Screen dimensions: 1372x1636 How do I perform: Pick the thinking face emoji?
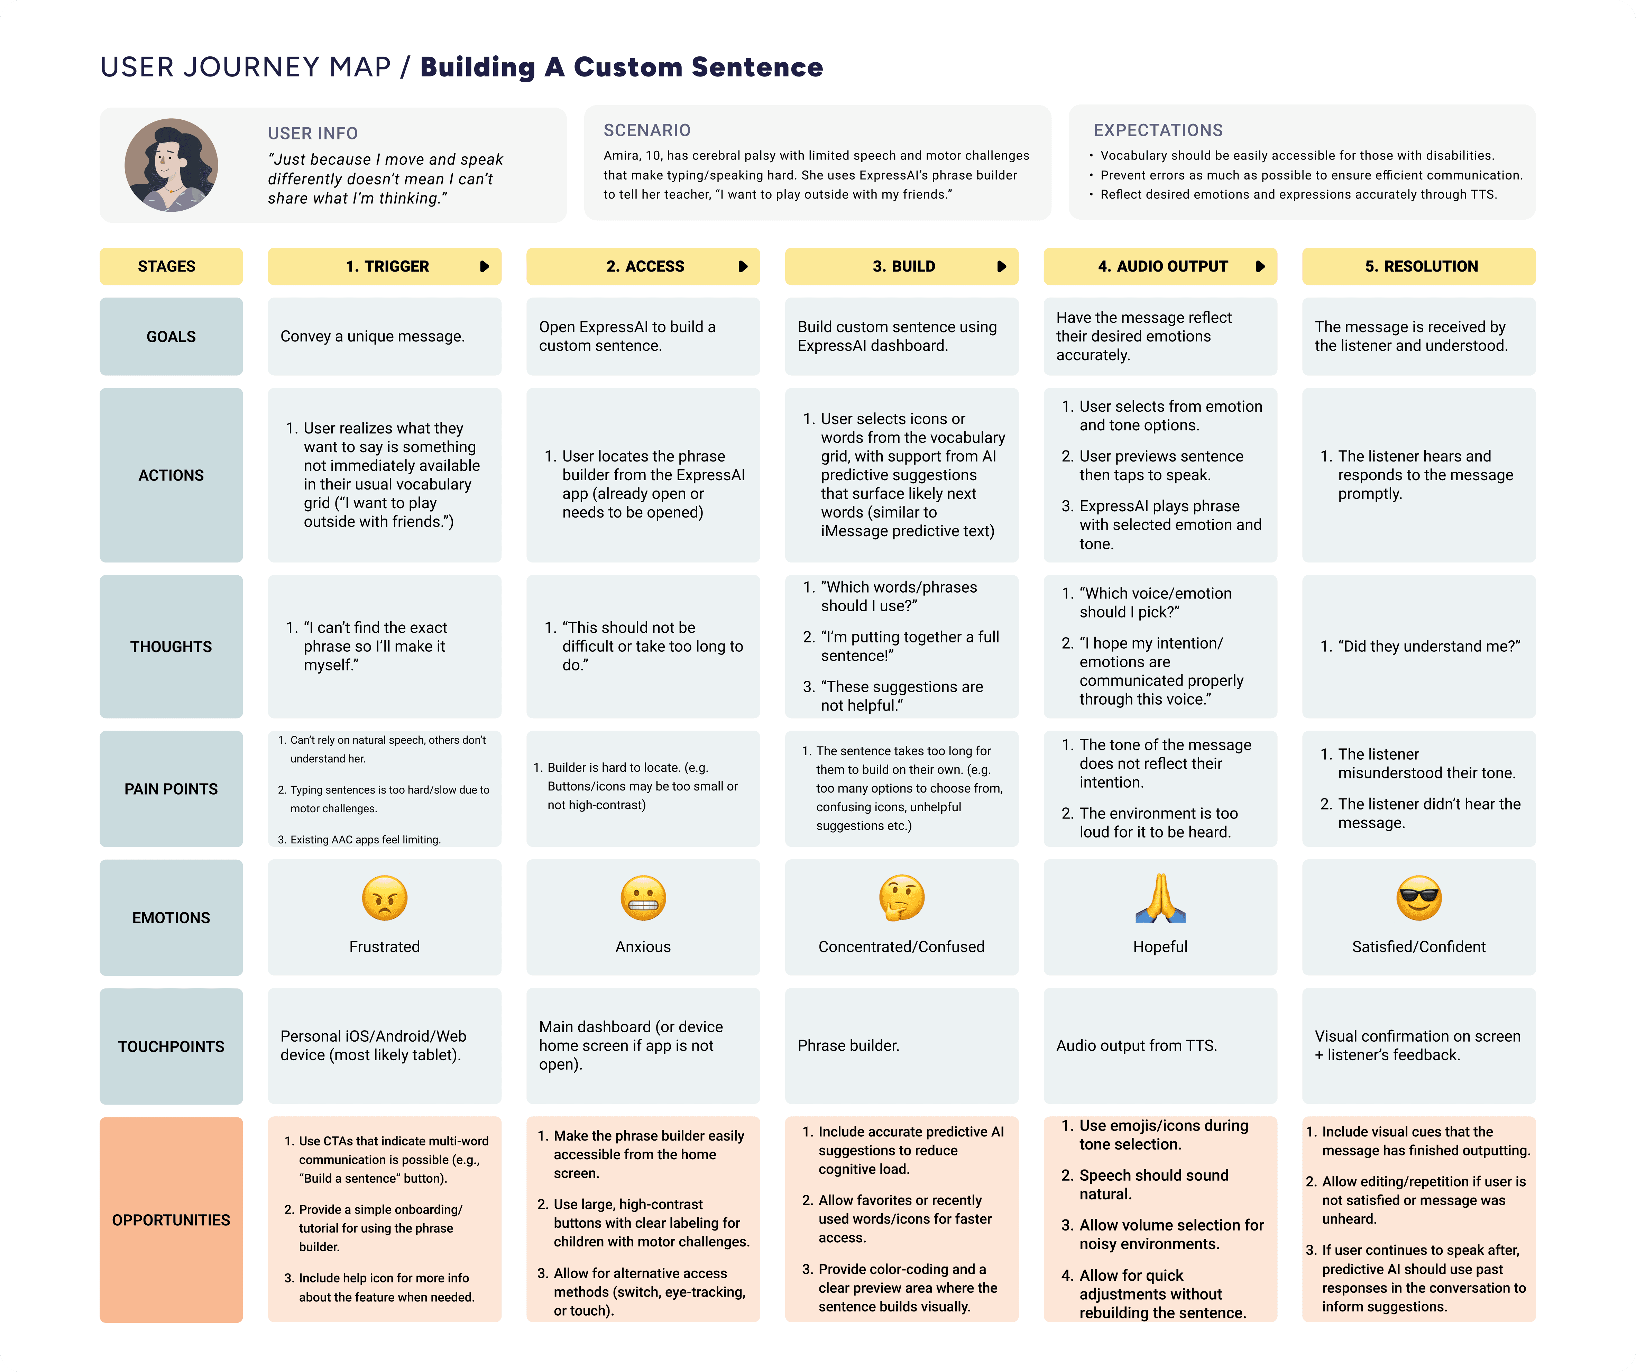coord(901,898)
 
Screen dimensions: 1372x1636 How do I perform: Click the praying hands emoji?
coord(1160,898)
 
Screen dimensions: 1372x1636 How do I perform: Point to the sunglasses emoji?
coord(1419,898)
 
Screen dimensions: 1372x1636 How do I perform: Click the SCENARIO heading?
coord(646,130)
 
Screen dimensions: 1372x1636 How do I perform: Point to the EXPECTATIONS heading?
coord(1158,130)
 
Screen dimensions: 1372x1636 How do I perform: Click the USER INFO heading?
coord(312,133)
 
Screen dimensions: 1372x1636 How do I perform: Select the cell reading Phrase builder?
coord(848,1045)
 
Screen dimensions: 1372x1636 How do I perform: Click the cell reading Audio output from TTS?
coord(1136,1045)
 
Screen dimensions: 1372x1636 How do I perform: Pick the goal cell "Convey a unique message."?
coord(373,337)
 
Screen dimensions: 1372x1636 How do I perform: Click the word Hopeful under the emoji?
coord(1160,946)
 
